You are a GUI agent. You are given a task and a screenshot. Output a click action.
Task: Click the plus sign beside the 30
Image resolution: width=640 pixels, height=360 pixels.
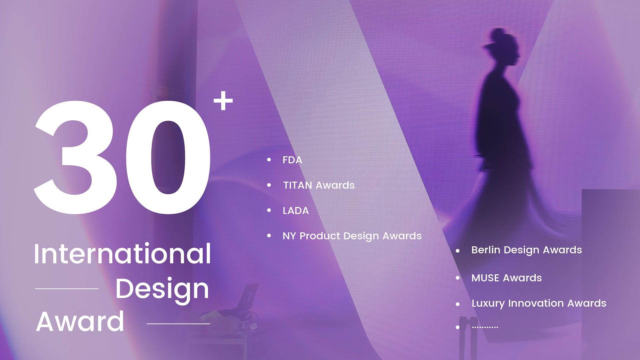223,101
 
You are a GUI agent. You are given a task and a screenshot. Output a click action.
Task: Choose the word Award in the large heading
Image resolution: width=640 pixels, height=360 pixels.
80,322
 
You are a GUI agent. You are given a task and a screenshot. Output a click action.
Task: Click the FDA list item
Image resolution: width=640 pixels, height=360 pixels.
292,160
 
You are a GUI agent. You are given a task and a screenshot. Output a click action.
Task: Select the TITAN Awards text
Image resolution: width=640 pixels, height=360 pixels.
319,185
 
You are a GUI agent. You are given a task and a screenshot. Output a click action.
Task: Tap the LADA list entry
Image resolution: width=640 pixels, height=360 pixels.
296,211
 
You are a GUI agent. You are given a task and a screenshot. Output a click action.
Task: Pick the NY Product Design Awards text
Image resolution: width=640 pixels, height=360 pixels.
352,236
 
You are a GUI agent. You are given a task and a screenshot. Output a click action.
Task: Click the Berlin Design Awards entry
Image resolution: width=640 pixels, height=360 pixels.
527,250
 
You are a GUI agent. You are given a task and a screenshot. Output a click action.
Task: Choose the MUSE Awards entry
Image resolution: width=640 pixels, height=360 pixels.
507,278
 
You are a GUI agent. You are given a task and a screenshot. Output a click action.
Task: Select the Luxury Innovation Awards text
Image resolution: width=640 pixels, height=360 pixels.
539,303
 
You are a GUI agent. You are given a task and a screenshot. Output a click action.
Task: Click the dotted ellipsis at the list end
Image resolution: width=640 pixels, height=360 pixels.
485,327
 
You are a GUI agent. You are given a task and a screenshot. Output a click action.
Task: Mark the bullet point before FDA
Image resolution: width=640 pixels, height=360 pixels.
269,160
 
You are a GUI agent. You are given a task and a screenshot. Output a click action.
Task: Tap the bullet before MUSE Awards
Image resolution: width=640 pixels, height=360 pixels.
458,278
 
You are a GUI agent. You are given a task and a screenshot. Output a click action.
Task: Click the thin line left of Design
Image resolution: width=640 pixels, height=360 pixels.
67,289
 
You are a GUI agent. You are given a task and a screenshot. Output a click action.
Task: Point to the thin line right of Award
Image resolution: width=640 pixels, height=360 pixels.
178,324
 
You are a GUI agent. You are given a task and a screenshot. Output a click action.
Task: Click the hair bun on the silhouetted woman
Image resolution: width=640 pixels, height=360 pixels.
498,34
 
